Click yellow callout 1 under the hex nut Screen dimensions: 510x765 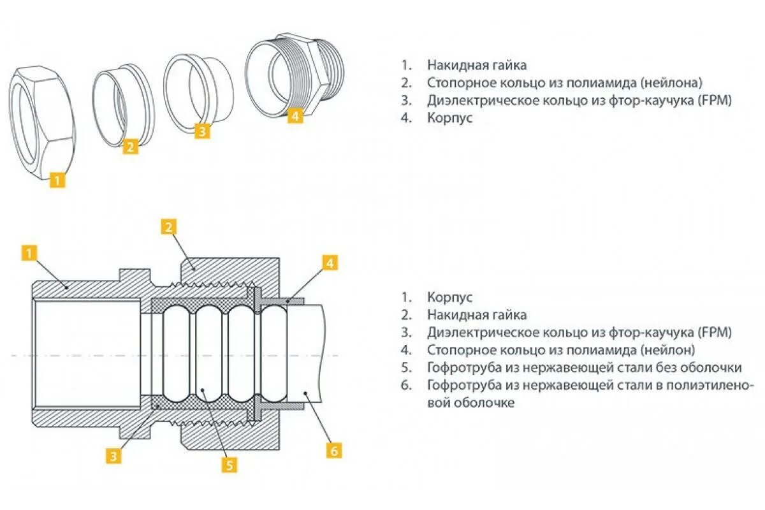coord(57,180)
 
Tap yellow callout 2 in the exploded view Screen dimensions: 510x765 coord(130,147)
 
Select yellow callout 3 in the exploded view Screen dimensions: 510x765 coord(201,131)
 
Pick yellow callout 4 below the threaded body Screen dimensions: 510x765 coord(295,116)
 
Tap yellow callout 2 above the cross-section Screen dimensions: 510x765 coord(168,228)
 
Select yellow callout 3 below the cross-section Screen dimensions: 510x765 coord(113,455)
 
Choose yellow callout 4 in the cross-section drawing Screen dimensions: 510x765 coord(329,262)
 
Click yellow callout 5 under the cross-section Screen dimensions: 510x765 coord(229,465)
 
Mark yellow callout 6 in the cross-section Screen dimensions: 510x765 coord(334,450)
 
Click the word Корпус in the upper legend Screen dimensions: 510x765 coord(450,119)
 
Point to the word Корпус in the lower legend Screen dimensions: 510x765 coord(450,297)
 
